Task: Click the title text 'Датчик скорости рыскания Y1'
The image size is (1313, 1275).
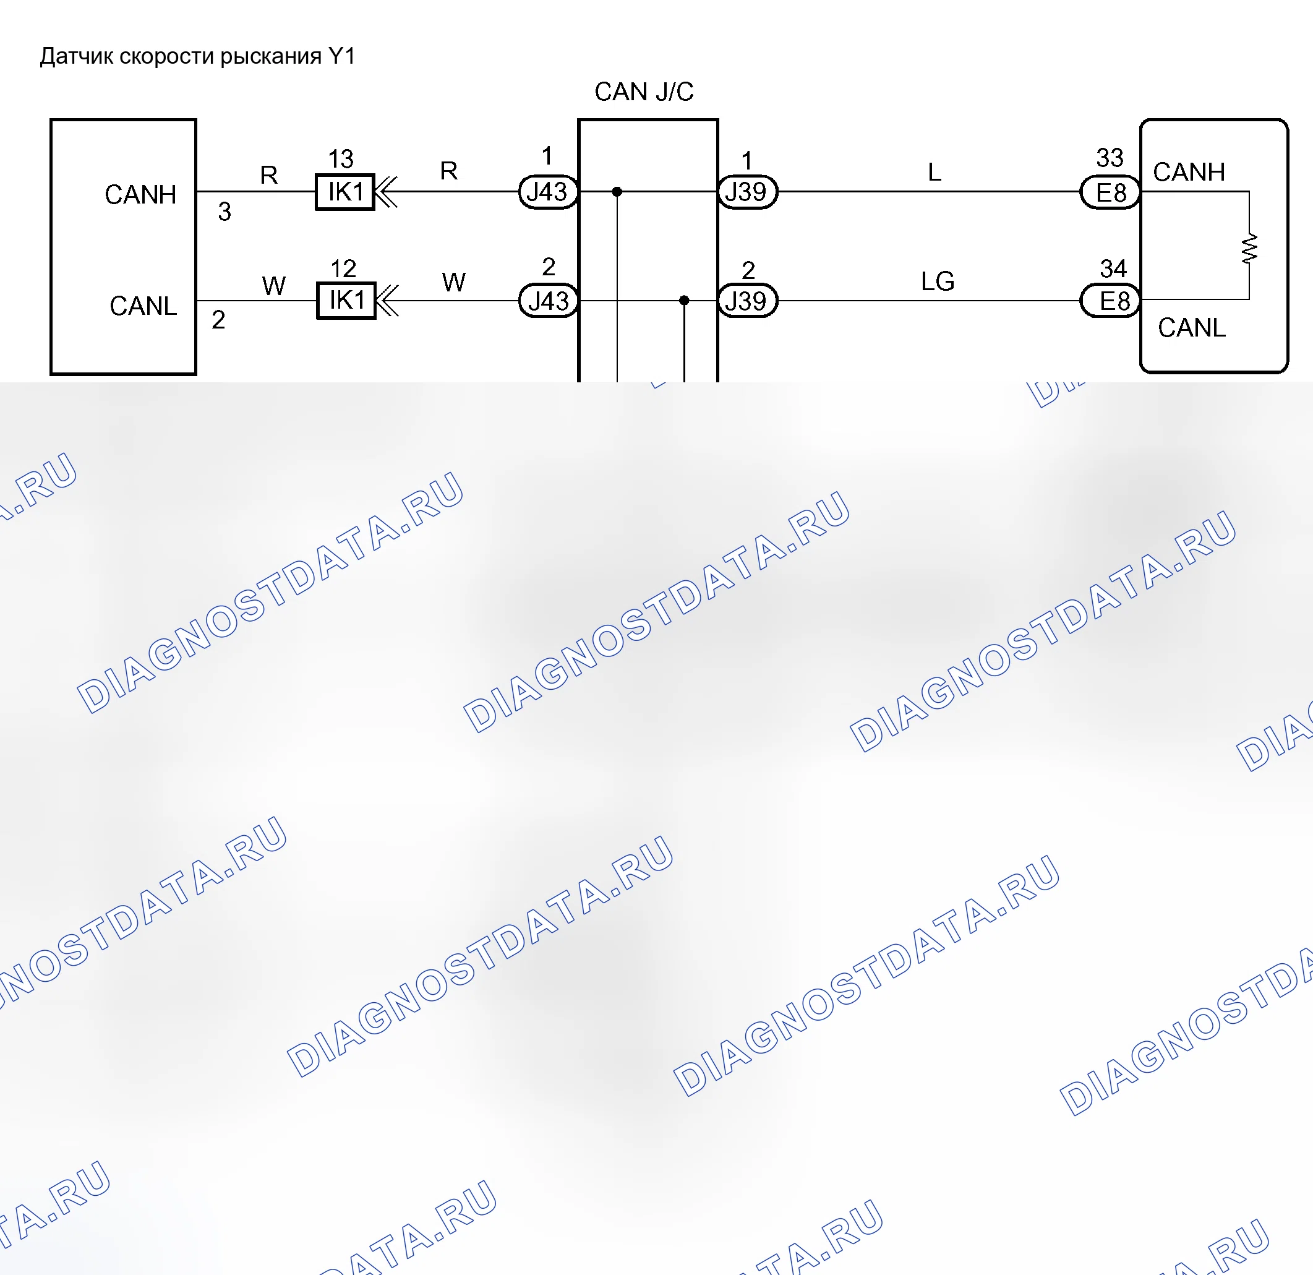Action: click(198, 56)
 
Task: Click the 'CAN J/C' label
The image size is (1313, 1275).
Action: click(644, 92)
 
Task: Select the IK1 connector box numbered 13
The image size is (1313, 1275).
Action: click(344, 192)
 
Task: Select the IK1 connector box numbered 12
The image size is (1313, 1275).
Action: click(346, 301)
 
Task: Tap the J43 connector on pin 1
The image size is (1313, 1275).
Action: click(548, 192)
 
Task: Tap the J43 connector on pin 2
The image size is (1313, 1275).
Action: click(548, 301)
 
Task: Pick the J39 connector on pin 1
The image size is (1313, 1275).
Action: click(747, 192)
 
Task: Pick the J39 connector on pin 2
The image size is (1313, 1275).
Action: click(747, 301)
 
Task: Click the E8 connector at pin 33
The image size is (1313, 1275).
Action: click(1110, 192)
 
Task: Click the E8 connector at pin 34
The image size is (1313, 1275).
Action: click(1110, 301)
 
